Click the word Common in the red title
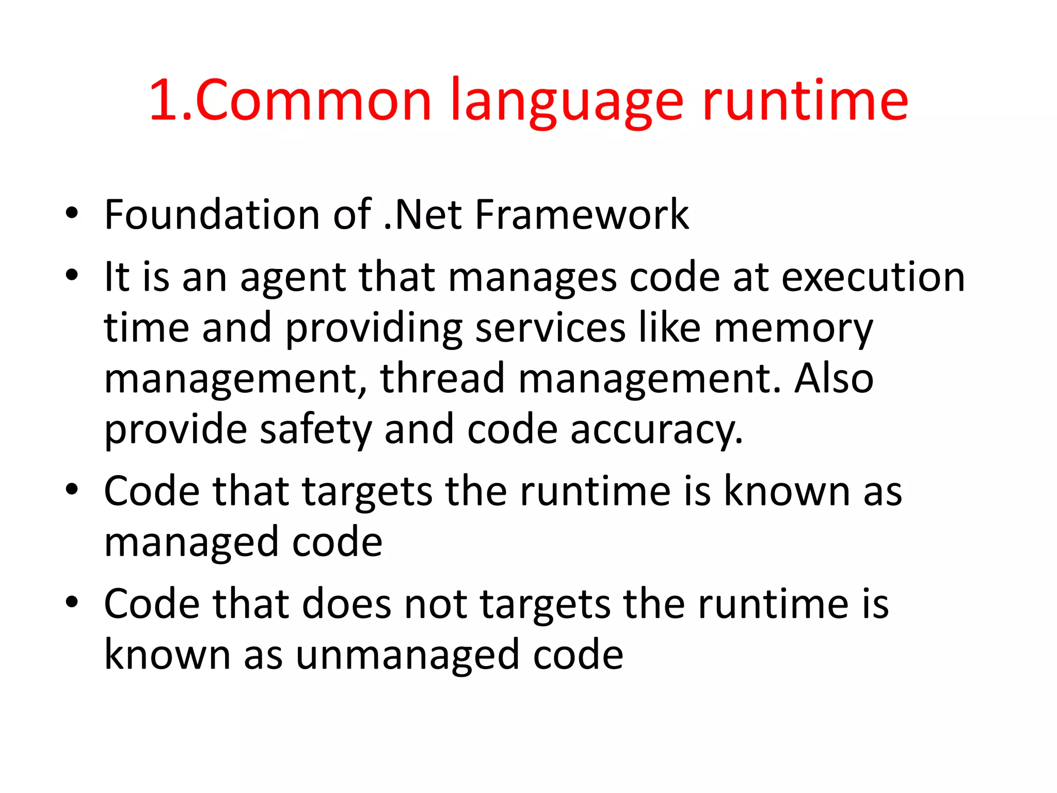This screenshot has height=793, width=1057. click(313, 101)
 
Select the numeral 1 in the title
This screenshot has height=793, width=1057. click(165, 101)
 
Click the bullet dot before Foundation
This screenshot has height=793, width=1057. click(72, 213)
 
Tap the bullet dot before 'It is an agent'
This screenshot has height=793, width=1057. click(72, 276)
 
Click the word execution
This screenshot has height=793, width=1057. click(873, 277)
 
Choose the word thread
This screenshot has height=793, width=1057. click(442, 378)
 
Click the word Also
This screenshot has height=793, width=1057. click(834, 378)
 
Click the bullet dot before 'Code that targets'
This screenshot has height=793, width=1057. click(72, 489)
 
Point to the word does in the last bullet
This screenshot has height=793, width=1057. click(347, 604)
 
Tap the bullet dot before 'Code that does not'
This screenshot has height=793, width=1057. click(72, 602)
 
